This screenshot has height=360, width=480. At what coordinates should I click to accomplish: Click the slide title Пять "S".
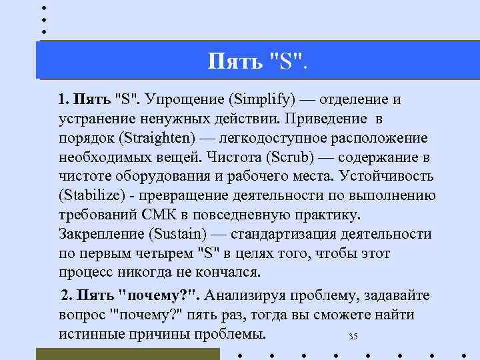pyautogui.click(x=259, y=63)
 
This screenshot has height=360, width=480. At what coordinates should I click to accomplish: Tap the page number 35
pyautogui.click(x=353, y=337)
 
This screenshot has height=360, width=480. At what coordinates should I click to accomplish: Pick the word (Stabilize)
pyautogui.click(x=90, y=196)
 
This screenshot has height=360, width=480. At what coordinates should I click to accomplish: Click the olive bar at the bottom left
pyautogui.click(x=127, y=354)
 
